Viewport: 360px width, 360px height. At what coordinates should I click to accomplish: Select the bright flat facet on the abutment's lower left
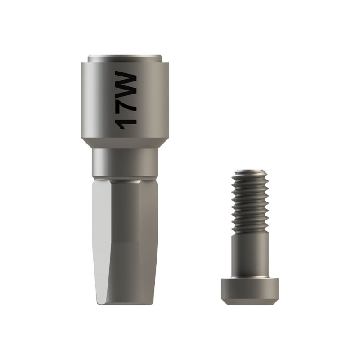[x=101, y=239]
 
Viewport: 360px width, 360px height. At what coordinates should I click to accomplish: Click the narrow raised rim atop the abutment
[x=125, y=58]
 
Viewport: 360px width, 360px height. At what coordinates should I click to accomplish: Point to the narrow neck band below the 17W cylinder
[x=125, y=163]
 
